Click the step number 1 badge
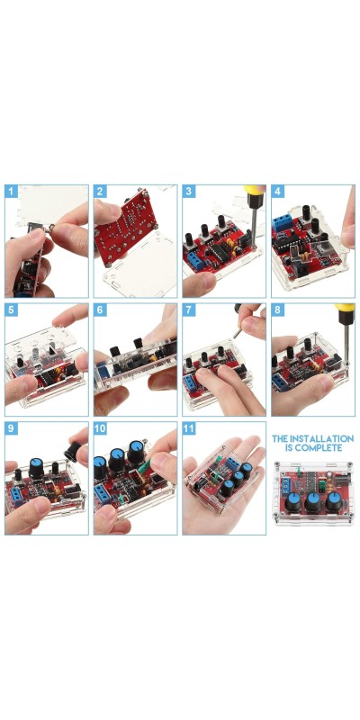12,192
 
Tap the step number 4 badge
278,192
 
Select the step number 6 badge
100,310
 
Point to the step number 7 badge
189,310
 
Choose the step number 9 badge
12,428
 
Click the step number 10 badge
100,428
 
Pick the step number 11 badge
189,428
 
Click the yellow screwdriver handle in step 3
254,189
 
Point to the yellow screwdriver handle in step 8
345,308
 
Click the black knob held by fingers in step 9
72,452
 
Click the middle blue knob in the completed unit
313,501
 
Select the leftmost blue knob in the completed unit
293,501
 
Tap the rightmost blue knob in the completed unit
333,501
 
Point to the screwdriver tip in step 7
234,337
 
